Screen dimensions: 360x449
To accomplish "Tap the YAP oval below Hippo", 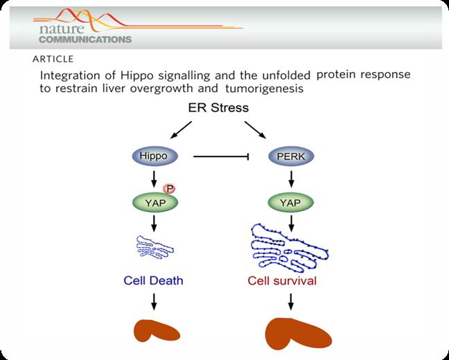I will (155, 202).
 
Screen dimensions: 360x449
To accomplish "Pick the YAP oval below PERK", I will (291, 202).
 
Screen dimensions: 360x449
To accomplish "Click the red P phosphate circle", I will (168, 188).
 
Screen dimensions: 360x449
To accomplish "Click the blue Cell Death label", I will (153, 280).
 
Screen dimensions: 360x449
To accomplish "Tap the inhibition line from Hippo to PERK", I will (220, 157).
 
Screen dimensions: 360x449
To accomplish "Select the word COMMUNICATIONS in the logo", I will (81, 39).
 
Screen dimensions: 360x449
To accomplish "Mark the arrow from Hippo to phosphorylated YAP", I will (155, 179).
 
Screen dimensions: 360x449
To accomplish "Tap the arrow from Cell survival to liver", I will (291, 302).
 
